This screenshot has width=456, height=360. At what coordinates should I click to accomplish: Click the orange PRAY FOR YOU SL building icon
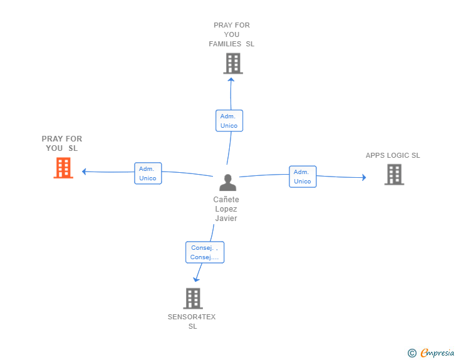click(63, 168)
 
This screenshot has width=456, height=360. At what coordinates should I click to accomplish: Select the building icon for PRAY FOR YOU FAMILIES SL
click(232, 63)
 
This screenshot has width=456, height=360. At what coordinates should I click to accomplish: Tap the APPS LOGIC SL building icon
click(394, 175)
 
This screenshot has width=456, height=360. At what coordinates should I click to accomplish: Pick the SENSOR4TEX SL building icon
click(193, 299)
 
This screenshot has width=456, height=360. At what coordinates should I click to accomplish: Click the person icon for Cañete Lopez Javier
click(227, 182)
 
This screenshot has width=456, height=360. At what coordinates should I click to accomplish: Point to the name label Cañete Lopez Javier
click(226, 209)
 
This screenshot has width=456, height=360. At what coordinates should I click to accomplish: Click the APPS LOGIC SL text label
click(393, 155)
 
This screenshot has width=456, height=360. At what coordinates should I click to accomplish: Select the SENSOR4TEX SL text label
click(192, 322)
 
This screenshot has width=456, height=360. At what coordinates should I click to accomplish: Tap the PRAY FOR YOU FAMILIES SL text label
click(232, 34)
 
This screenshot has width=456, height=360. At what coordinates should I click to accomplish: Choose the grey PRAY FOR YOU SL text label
click(62, 143)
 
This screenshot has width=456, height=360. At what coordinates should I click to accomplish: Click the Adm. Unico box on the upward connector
click(229, 121)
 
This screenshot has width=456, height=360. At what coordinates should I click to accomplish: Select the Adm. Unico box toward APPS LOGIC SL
click(303, 177)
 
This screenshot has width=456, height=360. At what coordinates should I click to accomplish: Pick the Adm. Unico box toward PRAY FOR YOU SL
click(148, 173)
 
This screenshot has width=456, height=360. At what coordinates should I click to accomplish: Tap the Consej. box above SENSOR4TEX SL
click(204, 252)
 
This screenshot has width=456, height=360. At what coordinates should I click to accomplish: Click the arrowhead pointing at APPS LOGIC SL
click(363, 178)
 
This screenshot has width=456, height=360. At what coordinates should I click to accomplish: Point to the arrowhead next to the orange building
click(85, 172)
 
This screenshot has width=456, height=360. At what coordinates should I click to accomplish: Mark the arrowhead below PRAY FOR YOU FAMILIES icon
click(231, 80)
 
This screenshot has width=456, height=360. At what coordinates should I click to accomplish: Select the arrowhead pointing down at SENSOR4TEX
click(197, 279)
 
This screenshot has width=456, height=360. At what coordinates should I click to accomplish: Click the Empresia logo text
click(437, 353)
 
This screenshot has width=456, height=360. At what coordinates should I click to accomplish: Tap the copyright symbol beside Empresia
click(412, 353)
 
